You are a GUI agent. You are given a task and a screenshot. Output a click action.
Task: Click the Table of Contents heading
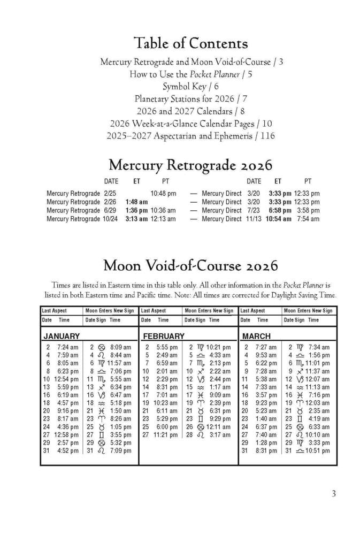(x=191, y=43)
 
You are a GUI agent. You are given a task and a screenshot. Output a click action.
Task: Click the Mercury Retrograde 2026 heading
(x=191, y=164)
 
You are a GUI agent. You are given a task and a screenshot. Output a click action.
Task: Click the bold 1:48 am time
(x=136, y=202)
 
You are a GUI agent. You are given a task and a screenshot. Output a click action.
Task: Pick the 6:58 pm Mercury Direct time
(x=280, y=210)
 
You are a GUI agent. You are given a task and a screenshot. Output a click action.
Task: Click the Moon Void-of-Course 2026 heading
(x=191, y=265)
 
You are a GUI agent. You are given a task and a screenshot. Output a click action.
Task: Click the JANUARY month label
(x=62, y=337)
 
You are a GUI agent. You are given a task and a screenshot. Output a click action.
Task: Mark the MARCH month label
(x=257, y=337)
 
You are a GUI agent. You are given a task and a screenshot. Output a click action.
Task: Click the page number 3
(x=334, y=494)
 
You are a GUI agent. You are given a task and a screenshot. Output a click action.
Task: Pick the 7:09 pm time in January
(x=120, y=451)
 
